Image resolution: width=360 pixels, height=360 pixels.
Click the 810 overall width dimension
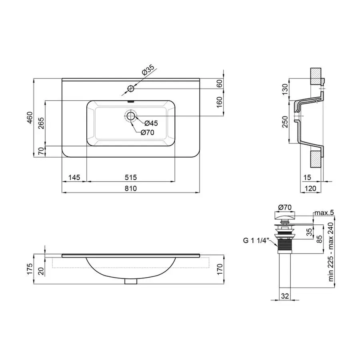[131, 188]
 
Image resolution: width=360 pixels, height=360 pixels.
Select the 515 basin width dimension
[131, 177]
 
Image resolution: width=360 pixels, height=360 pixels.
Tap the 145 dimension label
[74, 177]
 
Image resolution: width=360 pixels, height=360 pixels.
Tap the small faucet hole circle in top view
[130, 88]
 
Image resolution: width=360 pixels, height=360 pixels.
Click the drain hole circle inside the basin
[130, 116]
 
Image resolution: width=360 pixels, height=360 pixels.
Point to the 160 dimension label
[219, 102]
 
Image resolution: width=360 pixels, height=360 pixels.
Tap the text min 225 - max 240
[331, 253]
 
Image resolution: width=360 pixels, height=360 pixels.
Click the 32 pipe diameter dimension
[284, 296]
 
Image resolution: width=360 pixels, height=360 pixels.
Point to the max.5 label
[324, 212]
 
